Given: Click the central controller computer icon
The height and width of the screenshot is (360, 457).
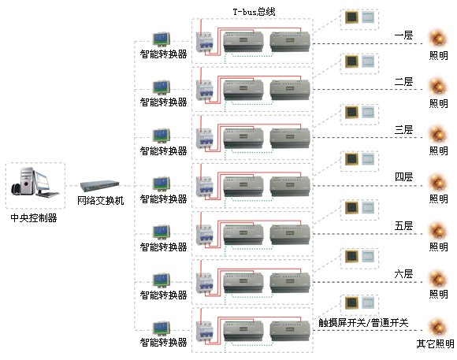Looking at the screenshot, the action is (x=35, y=182).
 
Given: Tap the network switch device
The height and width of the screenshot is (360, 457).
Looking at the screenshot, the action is (x=100, y=186).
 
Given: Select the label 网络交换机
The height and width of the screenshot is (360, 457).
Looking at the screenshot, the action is (x=101, y=201).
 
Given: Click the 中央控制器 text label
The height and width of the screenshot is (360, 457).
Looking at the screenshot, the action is (x=34, y=217).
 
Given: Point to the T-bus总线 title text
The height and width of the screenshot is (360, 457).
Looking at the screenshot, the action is (x=255, y=12).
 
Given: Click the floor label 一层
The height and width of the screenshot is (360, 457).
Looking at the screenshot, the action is (x=403, y=35).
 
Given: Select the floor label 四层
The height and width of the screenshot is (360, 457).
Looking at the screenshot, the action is (x=403, y=176).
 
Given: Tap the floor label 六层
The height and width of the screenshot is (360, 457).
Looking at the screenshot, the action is (x=403, y=273).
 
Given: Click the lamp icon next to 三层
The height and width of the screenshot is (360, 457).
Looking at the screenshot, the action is (x=437, y=135).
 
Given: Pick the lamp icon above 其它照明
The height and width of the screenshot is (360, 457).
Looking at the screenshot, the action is (x=437, y=328).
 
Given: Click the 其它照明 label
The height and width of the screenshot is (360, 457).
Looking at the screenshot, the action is (x=436, y=344).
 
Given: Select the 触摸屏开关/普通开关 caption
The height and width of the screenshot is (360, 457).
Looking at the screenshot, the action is (x=363, y=323).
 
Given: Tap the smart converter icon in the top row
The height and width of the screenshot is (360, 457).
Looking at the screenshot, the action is (x=162, y=39).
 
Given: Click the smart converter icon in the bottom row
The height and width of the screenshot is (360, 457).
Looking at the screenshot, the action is (x=162, y=328).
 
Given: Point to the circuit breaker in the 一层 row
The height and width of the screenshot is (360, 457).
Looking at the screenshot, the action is (x=204, y=42).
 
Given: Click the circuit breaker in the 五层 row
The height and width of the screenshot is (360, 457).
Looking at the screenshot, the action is (x=204, y=235).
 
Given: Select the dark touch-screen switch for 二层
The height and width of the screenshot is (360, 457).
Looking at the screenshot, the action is (x=351, y=61).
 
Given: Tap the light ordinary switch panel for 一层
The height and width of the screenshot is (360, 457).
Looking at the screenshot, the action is (x=368, y=17).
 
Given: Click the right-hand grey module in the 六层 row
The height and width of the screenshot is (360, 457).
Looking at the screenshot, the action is (x=290, y=282).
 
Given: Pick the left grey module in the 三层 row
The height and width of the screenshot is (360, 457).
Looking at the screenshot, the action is (x=243, y=138).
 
